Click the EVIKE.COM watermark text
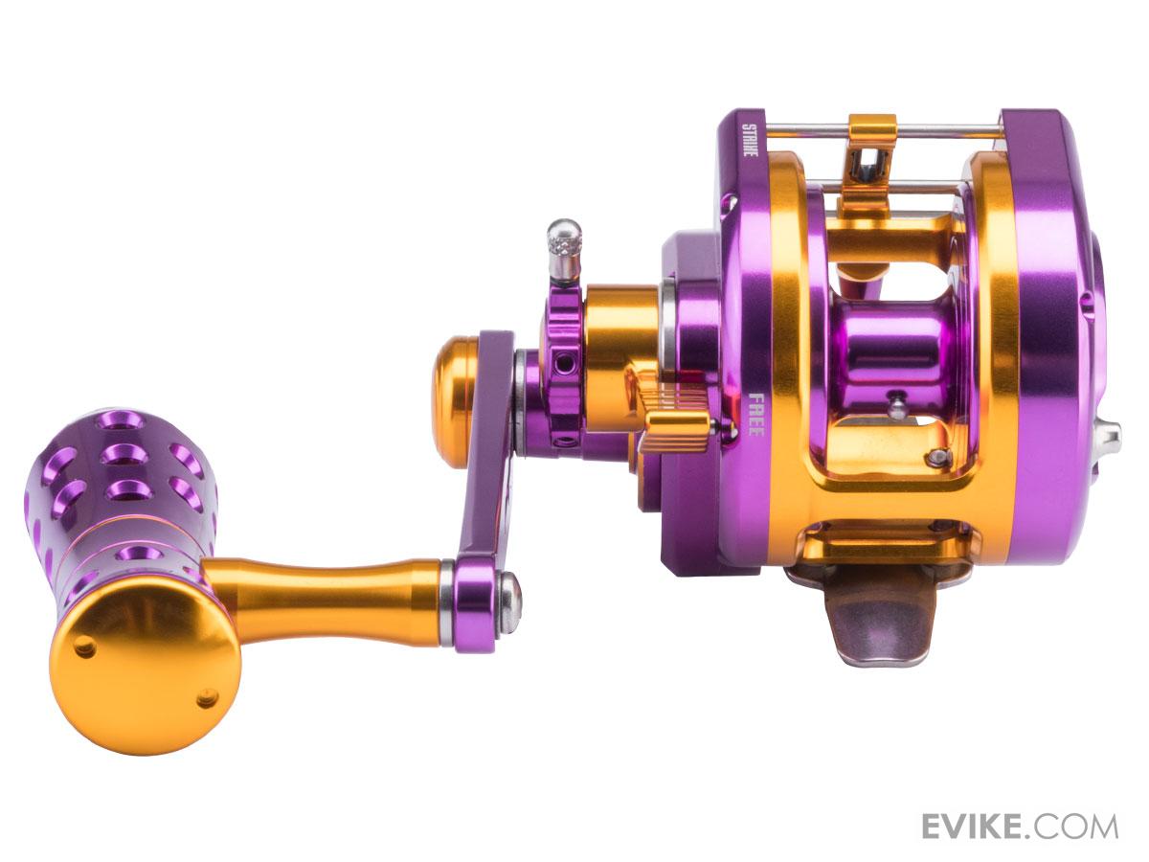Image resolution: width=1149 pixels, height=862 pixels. (1019, 827)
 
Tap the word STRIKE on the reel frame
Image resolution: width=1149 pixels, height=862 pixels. (749, 140)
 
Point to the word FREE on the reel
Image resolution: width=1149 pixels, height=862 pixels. (755, 421)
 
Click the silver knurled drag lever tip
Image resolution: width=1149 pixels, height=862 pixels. (564, 250)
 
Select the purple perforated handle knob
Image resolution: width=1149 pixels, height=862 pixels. (122, 503)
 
